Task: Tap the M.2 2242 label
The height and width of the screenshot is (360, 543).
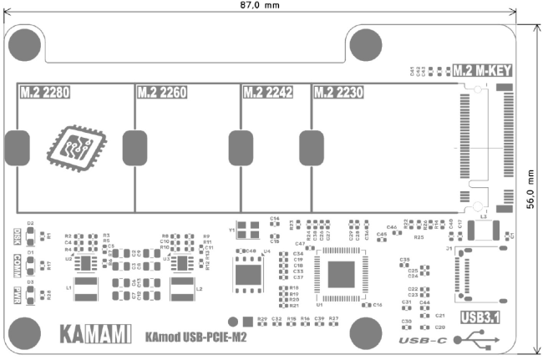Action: click(267, 92)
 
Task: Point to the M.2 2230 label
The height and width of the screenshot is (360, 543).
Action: click(338, 92)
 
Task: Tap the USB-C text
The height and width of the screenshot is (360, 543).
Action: click(424, 341)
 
